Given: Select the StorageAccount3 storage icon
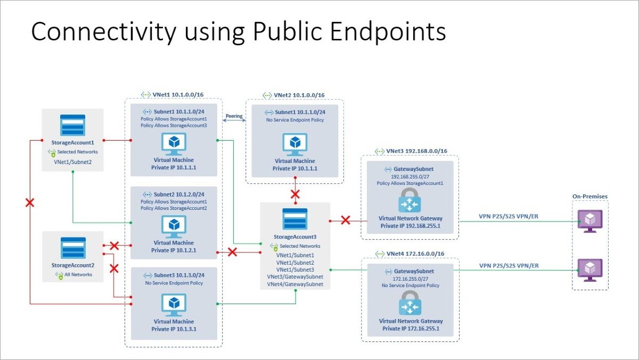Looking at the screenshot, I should [x=295, y=218].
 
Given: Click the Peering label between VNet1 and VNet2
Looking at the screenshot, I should [x=234, y=116].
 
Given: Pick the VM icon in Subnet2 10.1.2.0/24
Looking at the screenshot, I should [x=174, y=227].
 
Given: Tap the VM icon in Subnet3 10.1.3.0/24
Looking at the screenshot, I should [x=174, y=305].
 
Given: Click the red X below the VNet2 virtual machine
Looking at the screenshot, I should [x=294, y=194].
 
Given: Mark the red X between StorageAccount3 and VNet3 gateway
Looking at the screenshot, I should [x=346, y=219].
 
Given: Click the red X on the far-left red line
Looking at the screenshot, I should [x=30, y=203].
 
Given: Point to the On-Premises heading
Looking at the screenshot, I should [x=590, y=197].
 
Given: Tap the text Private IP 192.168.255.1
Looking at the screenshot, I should [x=410, y=226].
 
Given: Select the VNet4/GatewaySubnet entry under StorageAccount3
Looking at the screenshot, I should [x=295, y=284].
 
